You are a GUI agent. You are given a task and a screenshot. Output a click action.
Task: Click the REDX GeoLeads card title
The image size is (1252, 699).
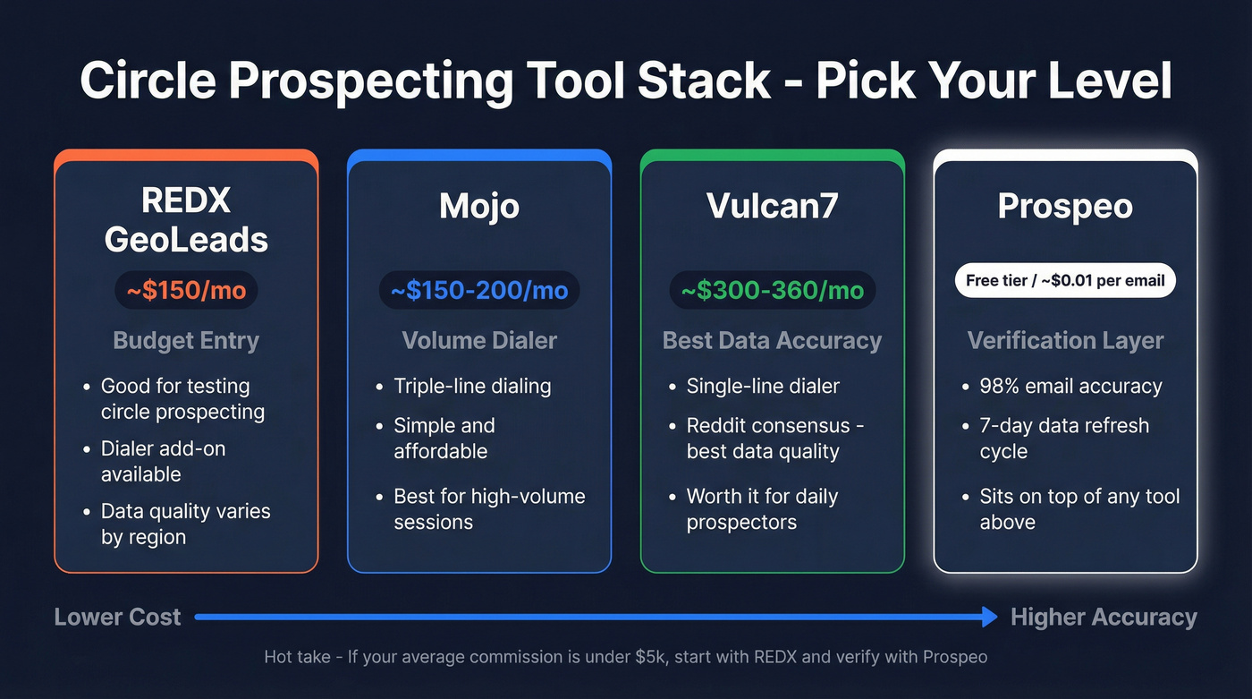point(186,220)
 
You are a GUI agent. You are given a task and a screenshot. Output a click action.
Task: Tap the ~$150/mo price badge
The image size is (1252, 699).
point(186,291)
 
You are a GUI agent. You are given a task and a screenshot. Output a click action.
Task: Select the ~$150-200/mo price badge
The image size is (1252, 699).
point(479,291)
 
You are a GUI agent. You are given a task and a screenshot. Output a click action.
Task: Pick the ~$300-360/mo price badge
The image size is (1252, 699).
point(772,291)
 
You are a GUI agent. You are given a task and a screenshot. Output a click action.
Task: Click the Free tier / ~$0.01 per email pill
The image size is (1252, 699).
point(1065,281)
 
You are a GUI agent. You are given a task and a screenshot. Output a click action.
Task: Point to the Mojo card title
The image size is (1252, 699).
point(479,206)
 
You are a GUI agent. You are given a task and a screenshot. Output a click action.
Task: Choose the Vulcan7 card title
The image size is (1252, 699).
point(772,206)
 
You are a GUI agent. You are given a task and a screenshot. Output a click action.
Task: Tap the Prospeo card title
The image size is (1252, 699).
point(1065,206)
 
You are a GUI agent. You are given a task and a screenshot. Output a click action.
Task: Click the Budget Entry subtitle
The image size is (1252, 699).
point(186,341)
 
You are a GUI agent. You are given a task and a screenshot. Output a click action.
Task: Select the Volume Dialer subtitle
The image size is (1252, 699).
point(479,341)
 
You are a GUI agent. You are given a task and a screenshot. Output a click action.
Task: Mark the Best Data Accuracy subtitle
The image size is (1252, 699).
point(772,341)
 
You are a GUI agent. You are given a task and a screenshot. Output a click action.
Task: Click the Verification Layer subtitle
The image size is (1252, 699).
point(1065,341)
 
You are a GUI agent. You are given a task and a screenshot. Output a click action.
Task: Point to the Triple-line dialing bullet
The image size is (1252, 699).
point(472,387)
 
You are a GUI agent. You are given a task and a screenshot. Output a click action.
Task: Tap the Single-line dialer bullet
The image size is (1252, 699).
point(763,387)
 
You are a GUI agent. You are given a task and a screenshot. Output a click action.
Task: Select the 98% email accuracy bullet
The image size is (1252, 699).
point(1070,387)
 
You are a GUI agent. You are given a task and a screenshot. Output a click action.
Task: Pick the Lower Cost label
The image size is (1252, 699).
point(117,617)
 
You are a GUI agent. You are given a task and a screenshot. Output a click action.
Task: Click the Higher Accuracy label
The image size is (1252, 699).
point(1104,617)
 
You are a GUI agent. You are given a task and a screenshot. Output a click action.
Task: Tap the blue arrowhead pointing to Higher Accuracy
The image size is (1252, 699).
point(988,617)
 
